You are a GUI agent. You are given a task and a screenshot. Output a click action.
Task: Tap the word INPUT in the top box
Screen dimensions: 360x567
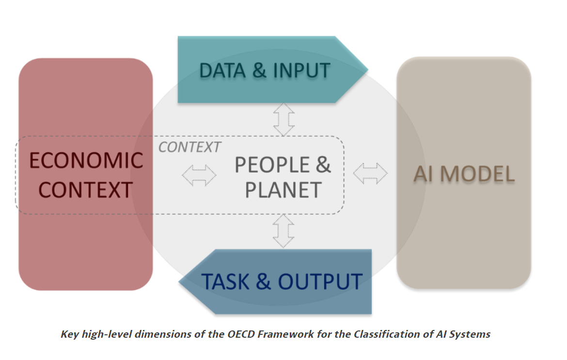[x=301, y=71]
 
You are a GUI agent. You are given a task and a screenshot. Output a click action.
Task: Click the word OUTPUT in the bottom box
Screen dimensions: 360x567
[x=320, y=282]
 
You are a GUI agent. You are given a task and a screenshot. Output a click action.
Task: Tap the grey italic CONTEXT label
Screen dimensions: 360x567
[x=190, y=147]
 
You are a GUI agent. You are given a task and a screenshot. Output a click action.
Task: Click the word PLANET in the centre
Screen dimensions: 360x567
[x=283, y=190]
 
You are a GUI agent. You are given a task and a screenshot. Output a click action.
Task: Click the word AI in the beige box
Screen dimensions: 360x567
[x=423, y=174]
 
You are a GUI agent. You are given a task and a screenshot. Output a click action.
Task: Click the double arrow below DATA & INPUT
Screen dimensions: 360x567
[x=283, y=119]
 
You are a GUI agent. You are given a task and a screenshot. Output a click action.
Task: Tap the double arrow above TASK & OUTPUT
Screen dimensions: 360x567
[x=283, y=232]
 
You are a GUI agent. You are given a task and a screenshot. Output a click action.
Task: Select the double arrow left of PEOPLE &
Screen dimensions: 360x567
[x=199, y=174]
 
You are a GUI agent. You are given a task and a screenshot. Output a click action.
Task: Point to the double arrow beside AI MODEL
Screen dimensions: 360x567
[x=370, y=173]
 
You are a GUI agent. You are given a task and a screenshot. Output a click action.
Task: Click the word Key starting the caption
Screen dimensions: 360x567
[x=70, y=334]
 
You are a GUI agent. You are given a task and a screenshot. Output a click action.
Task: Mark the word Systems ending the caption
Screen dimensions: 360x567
[x=469, y=334]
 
